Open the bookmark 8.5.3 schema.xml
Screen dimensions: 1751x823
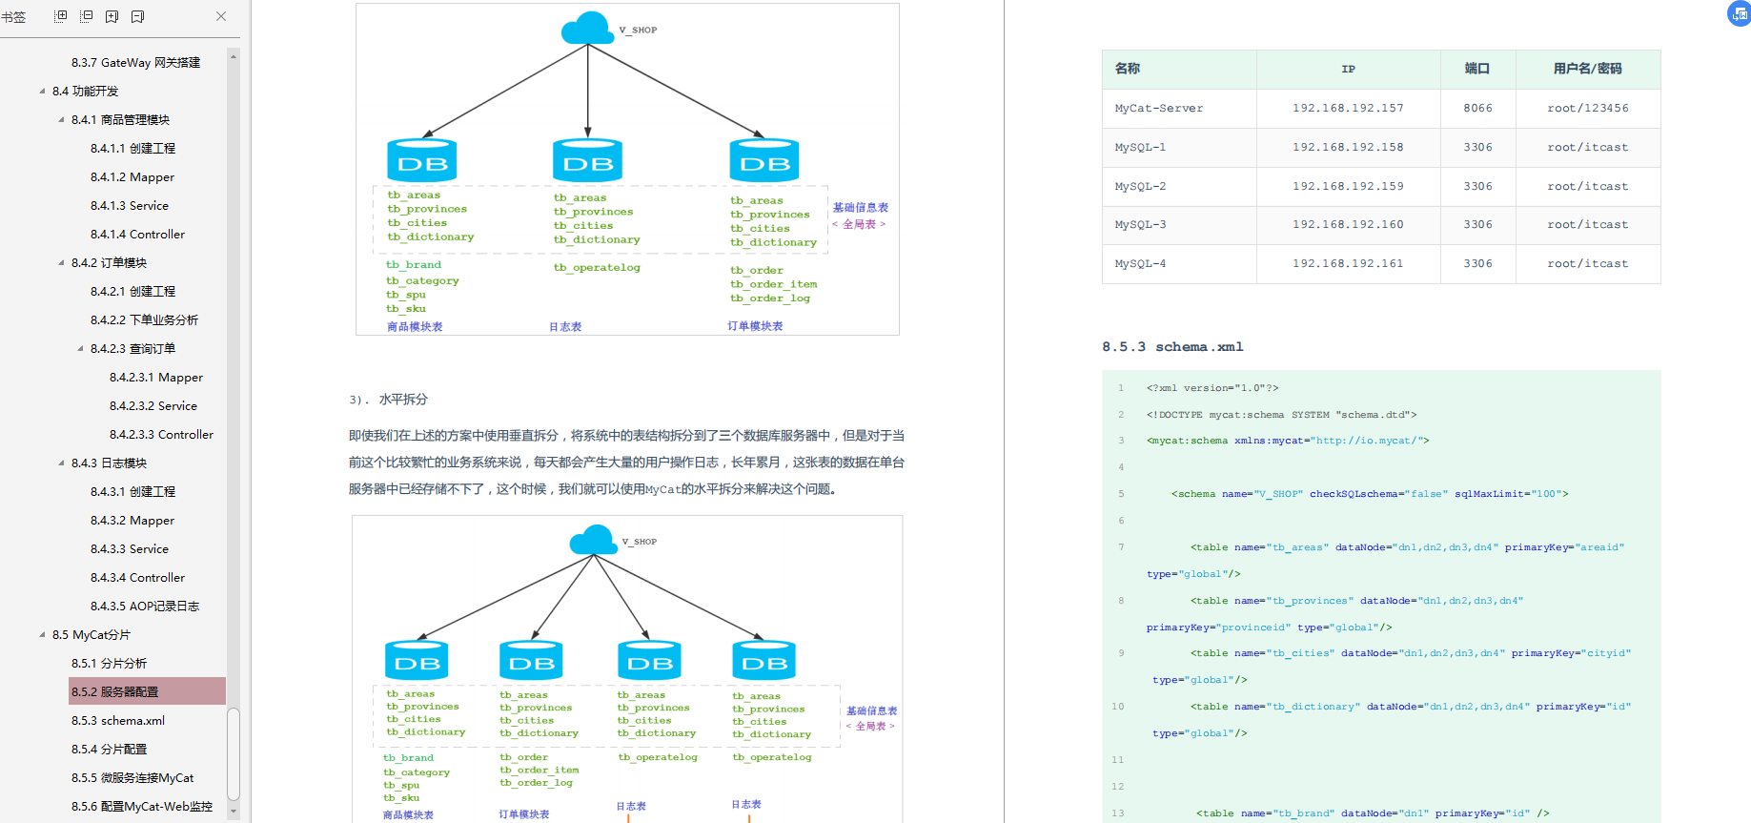click(x=118, y=720)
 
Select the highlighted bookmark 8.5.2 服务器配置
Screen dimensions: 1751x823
click(x=115, y=691)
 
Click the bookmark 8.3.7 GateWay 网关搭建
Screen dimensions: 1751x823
click(x=135, y=62)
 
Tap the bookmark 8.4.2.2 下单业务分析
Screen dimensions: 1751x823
click(x=144, y=319)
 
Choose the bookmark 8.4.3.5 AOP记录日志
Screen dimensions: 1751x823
click(x=145, y=606)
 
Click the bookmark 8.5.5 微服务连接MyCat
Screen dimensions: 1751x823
click(x=132, y=777)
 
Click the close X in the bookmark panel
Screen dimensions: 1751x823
click(x=221, y=16)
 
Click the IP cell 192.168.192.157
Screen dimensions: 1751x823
click(x=1348, y=108)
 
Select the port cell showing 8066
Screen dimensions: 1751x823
click(x=1477, y=108)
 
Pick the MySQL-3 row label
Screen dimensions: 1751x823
click(x=1140, y=224)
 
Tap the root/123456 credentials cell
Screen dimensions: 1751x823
click(x=1588, y=108)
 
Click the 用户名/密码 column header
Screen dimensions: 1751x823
click(x=1588, y=69)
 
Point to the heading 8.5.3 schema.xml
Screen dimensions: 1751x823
click(x=1172, y=346)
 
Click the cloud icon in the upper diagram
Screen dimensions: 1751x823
click(x=587, y=28)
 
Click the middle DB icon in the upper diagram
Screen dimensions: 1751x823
click(x=587, y=160)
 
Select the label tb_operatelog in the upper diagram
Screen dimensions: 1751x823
click(x=597, y=267)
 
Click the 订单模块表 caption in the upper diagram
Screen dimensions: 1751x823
click(x=755, y=326)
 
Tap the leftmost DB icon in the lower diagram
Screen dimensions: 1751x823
click(x=417, y=660)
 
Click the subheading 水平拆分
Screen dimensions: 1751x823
click(x=403, y=400)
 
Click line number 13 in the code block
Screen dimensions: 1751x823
click(x=1117, y=813)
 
